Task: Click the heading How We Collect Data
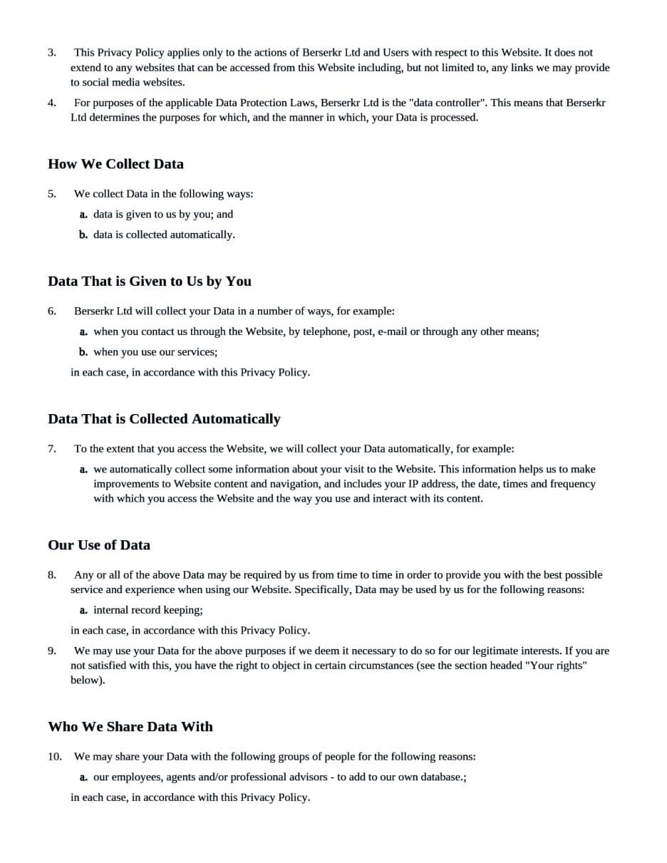tap(115, 164)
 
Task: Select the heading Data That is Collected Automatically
tap(164, 419)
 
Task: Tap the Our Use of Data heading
tap(99, 545)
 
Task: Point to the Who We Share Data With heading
tap(130, 727)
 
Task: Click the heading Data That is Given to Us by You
tap(150, 281)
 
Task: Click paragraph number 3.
tap(52, 53)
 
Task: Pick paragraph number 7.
tap(52, 449)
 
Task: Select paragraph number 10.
tap(55, 757)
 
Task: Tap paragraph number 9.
tap(52, 651)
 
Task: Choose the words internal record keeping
tap(148, 610)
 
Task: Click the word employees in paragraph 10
tap(137, 777)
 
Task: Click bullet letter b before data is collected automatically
tap(83, 234)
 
